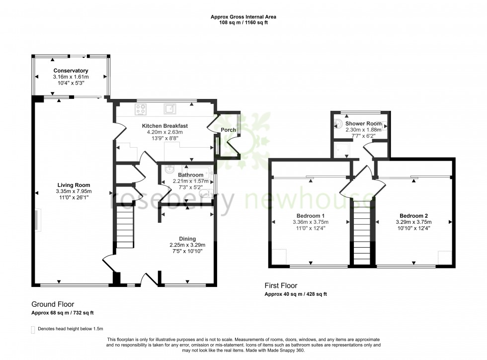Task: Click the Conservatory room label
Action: (x=71, y=71)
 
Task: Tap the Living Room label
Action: (x=74, y=185)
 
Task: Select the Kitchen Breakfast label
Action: (x=165, y=126)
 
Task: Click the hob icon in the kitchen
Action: (x=140, y=109)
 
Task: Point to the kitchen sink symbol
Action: (x=169, y=109)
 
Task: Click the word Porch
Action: (x=228, y=130)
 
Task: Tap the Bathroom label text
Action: (x=191, y=175)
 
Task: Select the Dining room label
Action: (x=187, y=239)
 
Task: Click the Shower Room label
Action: (x=363, y=123)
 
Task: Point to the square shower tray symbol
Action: (x=341, y=149)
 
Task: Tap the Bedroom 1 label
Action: (x=311, y=216)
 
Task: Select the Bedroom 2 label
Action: (x=413, y=216)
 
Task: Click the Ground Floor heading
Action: (x=53, y=304)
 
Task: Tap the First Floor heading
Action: (x=281, y=286)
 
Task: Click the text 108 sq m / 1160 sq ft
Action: (x=243, y=22)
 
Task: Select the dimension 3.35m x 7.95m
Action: (x=74, y=191)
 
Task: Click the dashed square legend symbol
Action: (x=33, y=330)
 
